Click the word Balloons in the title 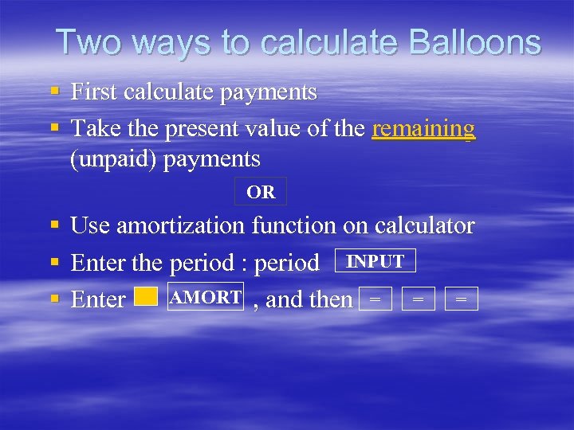477,42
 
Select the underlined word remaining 423,127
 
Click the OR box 261,192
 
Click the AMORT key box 206,298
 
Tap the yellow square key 146,297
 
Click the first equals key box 375,299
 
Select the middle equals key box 419,299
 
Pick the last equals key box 462,299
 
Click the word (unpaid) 113,158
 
